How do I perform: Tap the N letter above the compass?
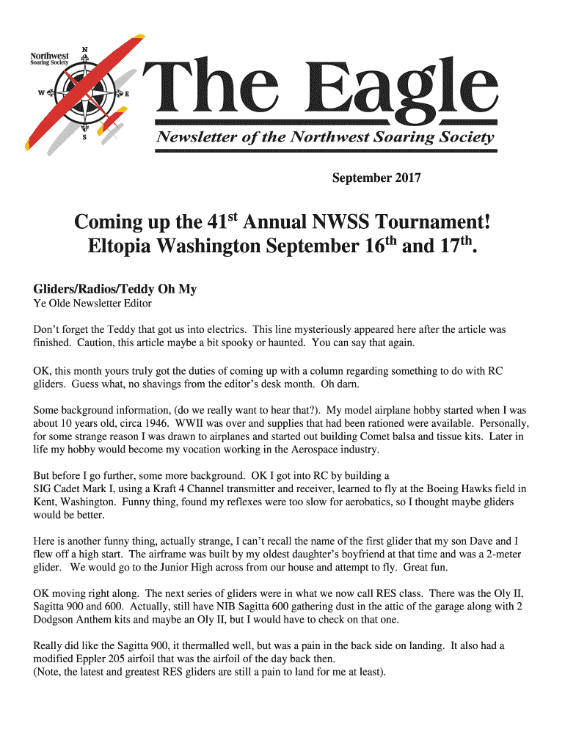coord(84,50)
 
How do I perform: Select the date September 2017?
coord(376,177)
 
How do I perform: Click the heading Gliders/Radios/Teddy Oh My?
coord(115,289)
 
